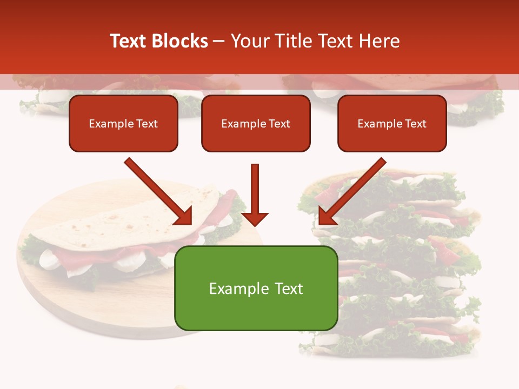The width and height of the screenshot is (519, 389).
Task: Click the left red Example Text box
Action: coord(123,124)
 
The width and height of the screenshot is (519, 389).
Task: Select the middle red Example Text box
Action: coord(256,124)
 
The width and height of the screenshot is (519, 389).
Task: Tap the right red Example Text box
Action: coord(392,124)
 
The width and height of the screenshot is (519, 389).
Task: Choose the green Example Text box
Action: coord(256,288)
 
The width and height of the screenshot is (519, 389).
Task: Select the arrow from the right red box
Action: coord(351,192)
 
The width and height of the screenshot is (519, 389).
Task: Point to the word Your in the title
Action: coord(250,41)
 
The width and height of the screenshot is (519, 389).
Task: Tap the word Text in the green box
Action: coord(289,289)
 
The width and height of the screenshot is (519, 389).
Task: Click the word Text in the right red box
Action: coord(416,124)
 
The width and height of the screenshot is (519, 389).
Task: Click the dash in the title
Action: coord(219,41)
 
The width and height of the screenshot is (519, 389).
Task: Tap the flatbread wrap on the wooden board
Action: coord(130,238)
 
